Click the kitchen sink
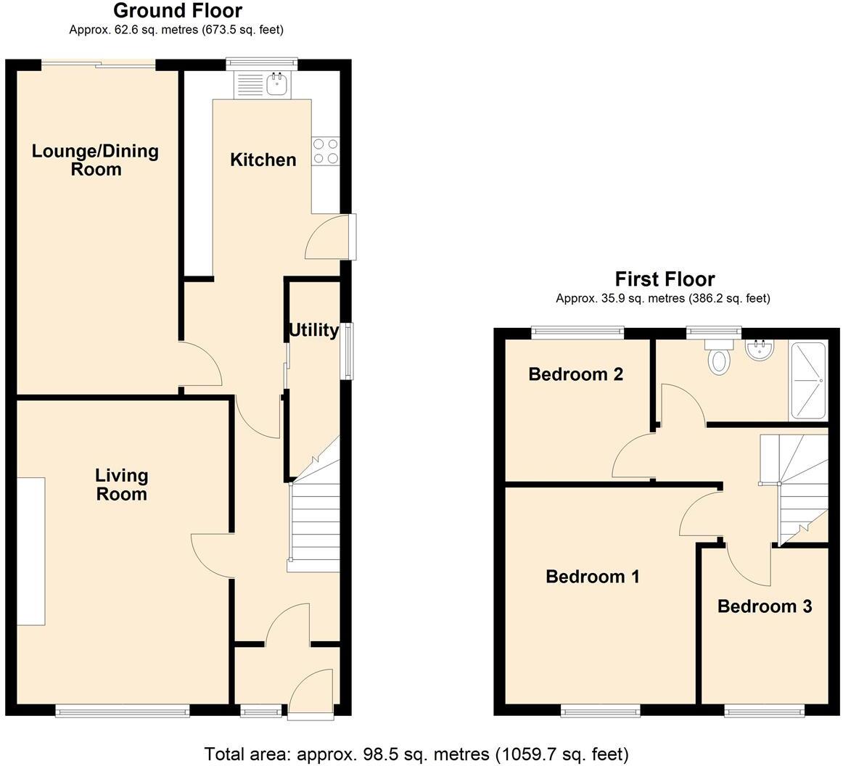click(x=277, y=85)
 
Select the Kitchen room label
click(x=263, y=160)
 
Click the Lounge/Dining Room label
click(x=95, y=160)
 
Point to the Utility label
click(x=313, y=331)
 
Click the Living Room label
click(x=121, y=485)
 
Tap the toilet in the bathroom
click(x=718, y=358)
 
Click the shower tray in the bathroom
click(x=807, y=381)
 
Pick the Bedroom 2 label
click(x=576, y=374)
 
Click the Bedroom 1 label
click(x=592, y=577)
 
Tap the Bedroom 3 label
click(x=764, y=606)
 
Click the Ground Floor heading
click(x=178, y=11)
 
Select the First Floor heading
click(x=665, y=279)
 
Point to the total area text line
click(x=416, y=754)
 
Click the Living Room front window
click(x=123, y=712)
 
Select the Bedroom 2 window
click(x=577, y=332)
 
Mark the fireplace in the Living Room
click(x=31, y=551)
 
